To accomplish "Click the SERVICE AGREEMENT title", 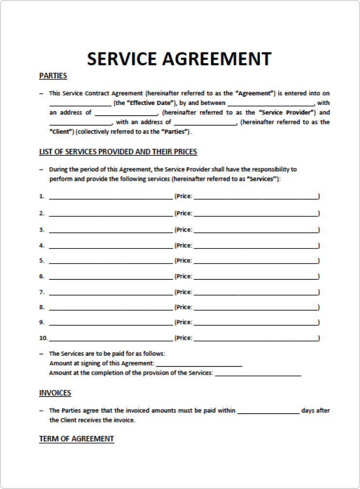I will coord(179,59).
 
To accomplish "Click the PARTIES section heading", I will coord(53,76).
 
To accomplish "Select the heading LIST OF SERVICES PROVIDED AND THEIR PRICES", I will coord(118,152).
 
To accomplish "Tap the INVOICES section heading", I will coord(55,393).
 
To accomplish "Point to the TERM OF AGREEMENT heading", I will coord(76,438).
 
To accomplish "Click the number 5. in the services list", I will coord(42,261).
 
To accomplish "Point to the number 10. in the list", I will coord(43,338).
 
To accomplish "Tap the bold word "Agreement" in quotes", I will coord(253,93).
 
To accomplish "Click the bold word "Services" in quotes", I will coord(263,179).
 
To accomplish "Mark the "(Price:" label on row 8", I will coord(183,307).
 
